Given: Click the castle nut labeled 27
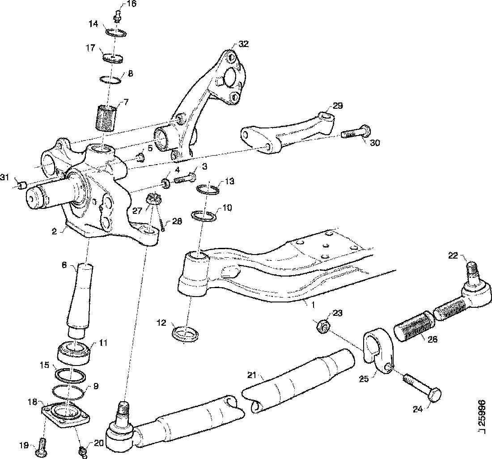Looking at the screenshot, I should pyautogui.click(x=153, y=200).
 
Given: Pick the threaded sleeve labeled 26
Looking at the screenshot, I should pyautogui.click(x=414, y=329).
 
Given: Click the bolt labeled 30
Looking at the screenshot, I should pyautogui.click(x=355, y=132).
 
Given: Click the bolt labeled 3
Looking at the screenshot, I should pyautogui.click(x=184, y=178).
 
